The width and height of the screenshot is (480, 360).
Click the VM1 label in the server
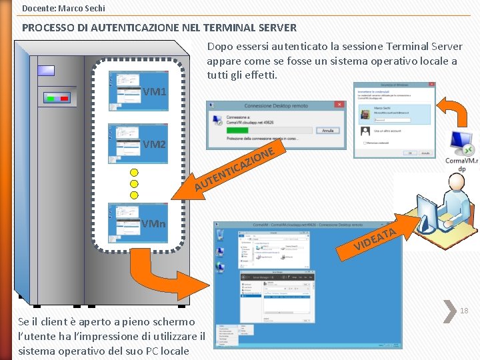(x=155, y=91)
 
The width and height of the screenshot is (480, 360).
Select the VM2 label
(x=155, y=144)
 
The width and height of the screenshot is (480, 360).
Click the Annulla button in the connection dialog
(x=327, y=131)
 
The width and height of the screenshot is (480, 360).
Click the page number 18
(x=464, y=311)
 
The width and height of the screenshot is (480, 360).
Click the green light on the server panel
(x=50, y=98)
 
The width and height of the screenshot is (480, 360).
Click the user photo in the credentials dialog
(x=365, y=114)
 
